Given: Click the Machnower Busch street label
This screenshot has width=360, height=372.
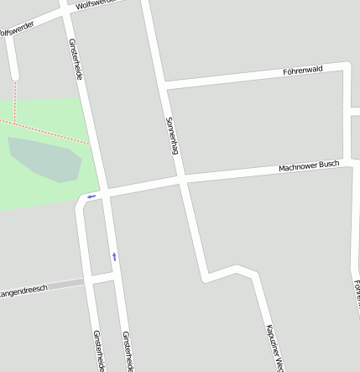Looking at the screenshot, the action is pyautogui.click(x=309, y=167).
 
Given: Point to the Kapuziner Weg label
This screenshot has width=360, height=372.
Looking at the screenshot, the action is pyautogui.click(x=276, y=347).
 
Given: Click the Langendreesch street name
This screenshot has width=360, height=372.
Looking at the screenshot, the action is pyautogui.click(x=23, y=291).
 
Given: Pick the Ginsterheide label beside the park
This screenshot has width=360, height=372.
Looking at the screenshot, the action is pyautogui.click(x=75, y=58).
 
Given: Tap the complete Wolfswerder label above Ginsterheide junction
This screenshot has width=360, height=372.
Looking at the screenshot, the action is pyautogui.click(x=97, y=5).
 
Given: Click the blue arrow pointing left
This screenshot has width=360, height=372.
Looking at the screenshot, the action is pyautogui.click(x=91, y=196).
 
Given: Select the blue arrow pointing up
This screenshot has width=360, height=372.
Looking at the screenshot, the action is pyautogui.click(x=114, y=255).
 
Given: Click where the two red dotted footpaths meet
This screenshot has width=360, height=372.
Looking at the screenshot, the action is pyautogui.click(x=14, y=123).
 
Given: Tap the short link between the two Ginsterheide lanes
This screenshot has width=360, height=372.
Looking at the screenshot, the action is pyautogui.click(x=102, y=276).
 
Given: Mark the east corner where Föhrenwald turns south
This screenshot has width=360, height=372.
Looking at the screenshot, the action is pyautogui.click(x=346, y=65).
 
